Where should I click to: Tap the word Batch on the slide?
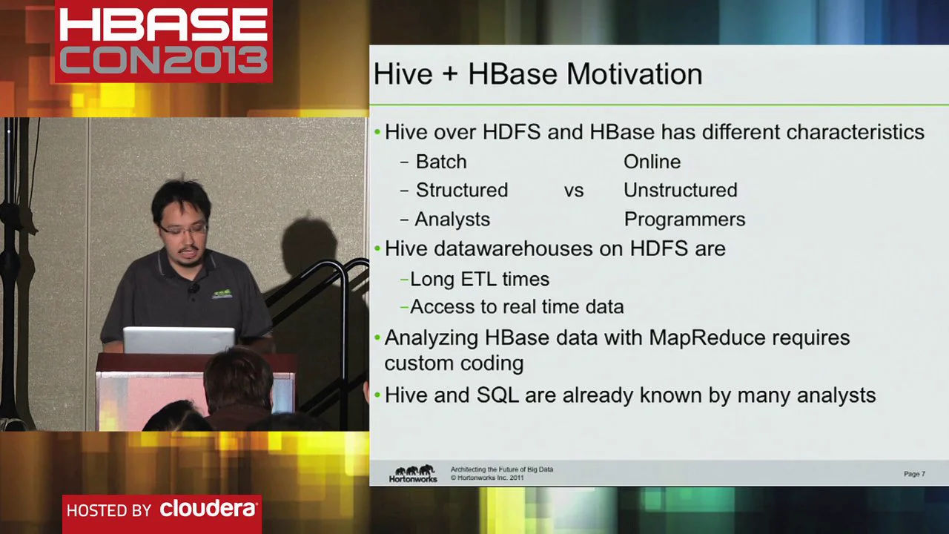441,162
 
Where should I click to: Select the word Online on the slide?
652,162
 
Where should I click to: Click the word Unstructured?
680,191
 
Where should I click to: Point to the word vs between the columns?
574,191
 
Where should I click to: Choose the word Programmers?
684,220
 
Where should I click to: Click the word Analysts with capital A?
452,220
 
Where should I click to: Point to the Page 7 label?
914,474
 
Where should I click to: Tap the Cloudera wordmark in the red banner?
208,510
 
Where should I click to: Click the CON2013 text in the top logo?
163,60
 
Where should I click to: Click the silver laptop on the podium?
179,340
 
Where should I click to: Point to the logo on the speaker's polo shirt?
222,294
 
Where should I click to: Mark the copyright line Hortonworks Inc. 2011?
490,478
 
